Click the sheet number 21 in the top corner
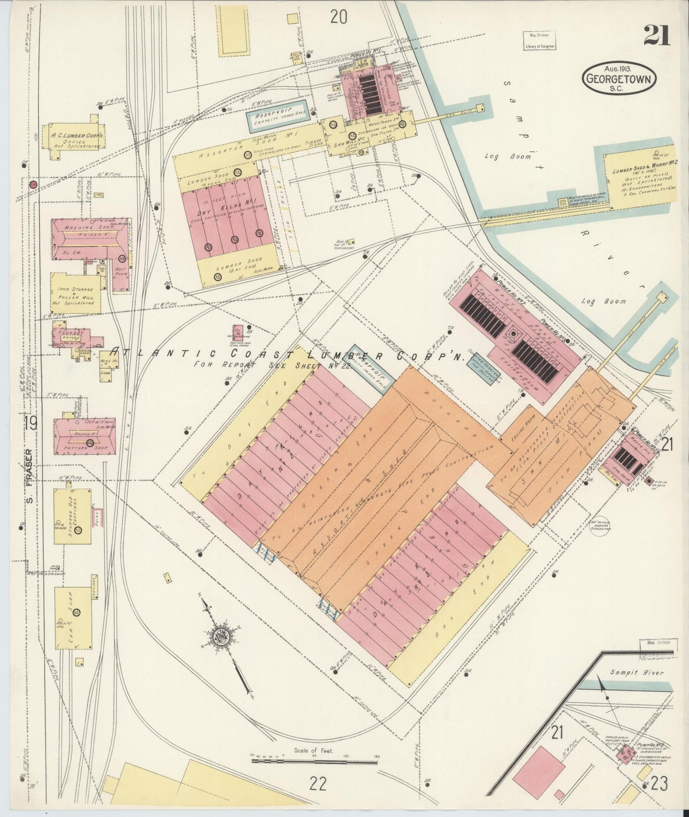(x=657, y=35)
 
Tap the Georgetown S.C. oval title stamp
(x=618, y=78)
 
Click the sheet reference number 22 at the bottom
(x=318, y=783)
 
